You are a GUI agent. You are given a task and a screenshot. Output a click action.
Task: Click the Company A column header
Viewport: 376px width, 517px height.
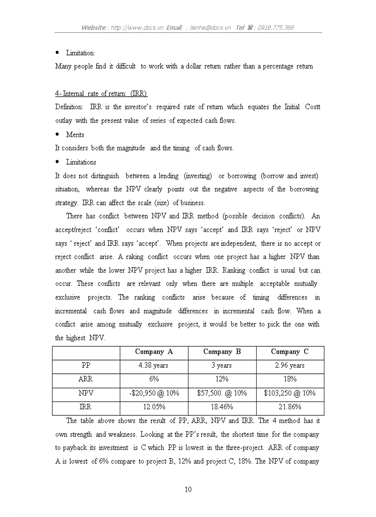[154, 352]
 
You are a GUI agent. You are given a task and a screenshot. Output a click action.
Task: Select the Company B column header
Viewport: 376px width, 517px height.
[222, 352]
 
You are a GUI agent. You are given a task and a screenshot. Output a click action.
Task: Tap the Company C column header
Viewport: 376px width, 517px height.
[290, 352]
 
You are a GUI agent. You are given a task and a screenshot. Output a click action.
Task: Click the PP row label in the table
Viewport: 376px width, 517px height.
[86, 366]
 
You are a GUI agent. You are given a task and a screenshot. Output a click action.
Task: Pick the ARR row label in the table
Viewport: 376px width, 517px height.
[86, 379]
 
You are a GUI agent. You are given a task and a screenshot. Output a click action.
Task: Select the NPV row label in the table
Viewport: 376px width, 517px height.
[86, 394]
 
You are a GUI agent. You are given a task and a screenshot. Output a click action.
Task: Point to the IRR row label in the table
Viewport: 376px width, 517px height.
[86, 407]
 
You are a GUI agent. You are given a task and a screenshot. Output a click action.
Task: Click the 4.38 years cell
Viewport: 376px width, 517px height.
[154, 366]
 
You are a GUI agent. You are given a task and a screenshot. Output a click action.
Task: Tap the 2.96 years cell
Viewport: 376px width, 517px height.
[290, 366]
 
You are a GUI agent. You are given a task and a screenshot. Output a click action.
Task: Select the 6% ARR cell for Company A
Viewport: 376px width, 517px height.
[154, 379]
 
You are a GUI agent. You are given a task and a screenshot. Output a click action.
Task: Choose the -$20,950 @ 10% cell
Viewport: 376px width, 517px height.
[154, 394]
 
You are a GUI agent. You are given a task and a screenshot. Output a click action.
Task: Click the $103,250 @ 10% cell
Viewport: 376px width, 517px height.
[290, 394]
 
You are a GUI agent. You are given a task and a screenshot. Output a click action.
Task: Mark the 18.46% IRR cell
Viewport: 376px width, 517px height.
[222, 407]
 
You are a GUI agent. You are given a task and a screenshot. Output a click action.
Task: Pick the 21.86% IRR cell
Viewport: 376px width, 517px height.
[290, 407]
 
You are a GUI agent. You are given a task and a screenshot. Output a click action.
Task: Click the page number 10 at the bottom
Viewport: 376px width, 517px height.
[188, 490]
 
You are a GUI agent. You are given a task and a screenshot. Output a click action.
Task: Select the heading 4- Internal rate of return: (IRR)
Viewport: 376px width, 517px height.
[101, 94]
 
